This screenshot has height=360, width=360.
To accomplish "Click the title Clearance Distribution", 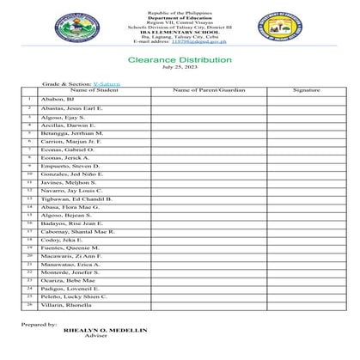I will [x=180, y=60].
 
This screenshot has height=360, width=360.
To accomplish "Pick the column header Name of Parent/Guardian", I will [x=209, y=89].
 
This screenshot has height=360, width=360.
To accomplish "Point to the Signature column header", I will [x=305, y=89].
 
